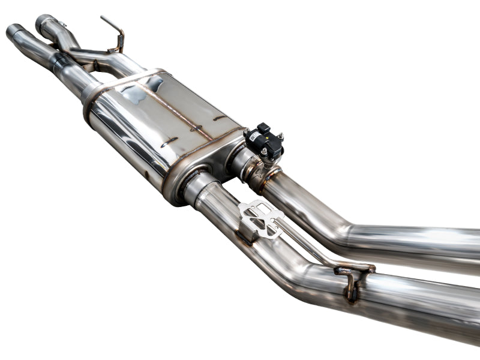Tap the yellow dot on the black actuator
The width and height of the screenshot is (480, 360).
pos(262,136)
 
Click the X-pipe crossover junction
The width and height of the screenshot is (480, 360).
pos(90,60)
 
